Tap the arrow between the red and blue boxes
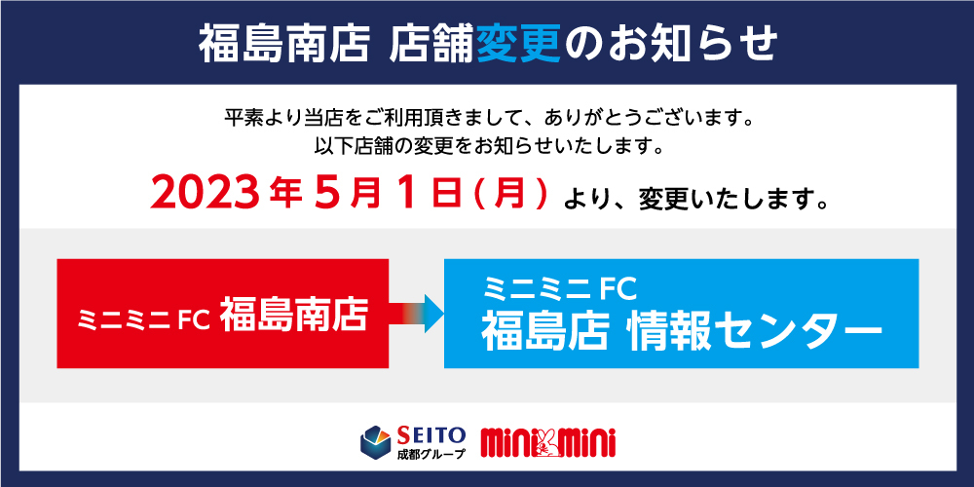[x=416, y=313]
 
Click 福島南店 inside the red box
[x=293, y=315]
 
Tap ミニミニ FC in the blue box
[x=558, y=287]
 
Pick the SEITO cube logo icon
[x=376, y=441]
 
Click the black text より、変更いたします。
[x=695, y=200]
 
